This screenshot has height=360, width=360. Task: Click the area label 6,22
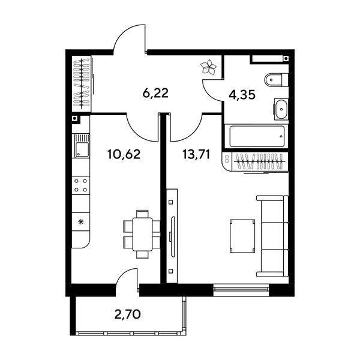pyautogui.click(x=155, y=93)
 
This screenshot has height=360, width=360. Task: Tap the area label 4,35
pyautogui.click(x=242, y=95)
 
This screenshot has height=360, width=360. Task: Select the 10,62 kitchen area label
pyautogui.click(x=124, y=154)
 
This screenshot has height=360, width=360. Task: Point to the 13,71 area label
pyautogui.click(x=196, y=154)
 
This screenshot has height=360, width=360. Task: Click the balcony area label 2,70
pyautogui.click(x=127, y=314)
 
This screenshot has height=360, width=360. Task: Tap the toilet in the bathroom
pyautogui.click(x=276, y=80)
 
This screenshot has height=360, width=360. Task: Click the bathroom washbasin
pyautogui.click(x=280, y=109)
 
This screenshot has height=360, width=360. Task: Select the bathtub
pyautogui.click(x=257, y=137)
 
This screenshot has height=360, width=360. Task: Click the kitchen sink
pyautogui.click(x=81, y=146)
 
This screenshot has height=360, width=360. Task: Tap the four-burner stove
pyautogui.click(x=81, y=185)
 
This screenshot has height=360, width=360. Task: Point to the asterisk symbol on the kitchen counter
pyautogui.click(x=80, y=222)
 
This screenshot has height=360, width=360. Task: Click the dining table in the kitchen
pyautogui.click(x=142, y=234)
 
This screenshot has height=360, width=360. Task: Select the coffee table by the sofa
pyautogui.click(x=242, y=236)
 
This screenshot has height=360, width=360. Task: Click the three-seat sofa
pyautogui.click(x=272, y=236)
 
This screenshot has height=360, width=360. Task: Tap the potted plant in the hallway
pyautogui.click(x=208, y=67)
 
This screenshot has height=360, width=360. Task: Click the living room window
pyautogui.click(x=241, y=290)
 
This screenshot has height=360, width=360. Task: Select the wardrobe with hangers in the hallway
pyautogui.click(x=81, y=84)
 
